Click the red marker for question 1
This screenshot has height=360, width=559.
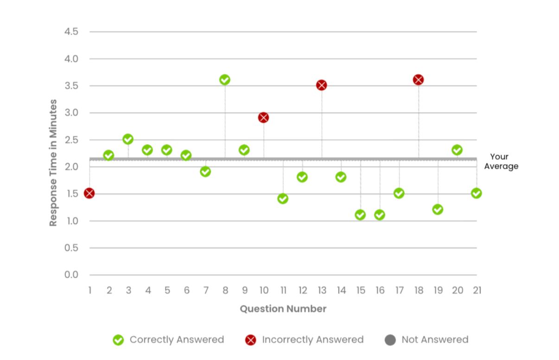(x=89, y=193)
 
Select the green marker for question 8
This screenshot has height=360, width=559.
(x=225, y=80)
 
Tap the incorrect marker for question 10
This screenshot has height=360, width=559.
(x=264, y=117)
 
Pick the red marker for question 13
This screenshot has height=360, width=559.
(x=322, y=85)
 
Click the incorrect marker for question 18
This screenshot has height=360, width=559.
(x=419, y=80)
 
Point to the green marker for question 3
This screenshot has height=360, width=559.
(x=128, y=139)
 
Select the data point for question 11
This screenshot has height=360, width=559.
(x=283, y=199)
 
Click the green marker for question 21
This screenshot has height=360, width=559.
(x=476, y=193)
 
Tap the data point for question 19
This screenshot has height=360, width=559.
(x=438, y=209)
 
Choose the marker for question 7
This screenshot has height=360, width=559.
(x=205, y=172)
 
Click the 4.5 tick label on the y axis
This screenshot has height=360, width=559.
(x=71, y=32)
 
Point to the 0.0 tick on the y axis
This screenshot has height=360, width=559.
(x=71, y=275)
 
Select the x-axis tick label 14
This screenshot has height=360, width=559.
(x=341, y=290)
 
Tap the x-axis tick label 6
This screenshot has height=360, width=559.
(x=186, y=290)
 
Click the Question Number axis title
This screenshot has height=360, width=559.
(x=283, y=309)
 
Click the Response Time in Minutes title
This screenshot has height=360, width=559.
(x=54, y=162)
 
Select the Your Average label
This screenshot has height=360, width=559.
(x=501, y=161)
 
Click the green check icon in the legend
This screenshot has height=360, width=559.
(x=119, y=340)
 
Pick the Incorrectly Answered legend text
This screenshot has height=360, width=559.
(x=312, y=340)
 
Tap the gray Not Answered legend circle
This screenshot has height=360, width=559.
(x=390, y=340)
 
